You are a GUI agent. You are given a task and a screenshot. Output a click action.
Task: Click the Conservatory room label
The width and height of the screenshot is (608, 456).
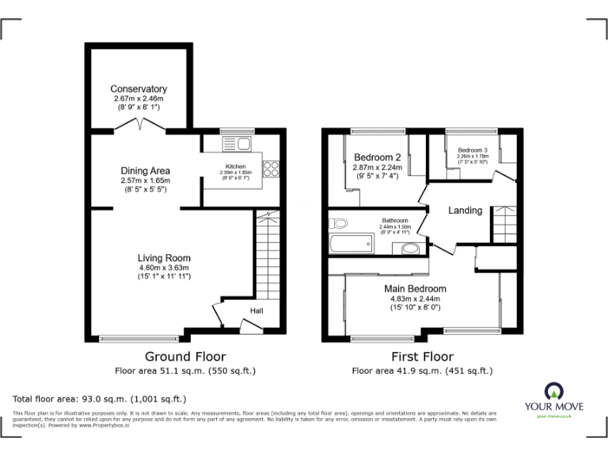[139, 89]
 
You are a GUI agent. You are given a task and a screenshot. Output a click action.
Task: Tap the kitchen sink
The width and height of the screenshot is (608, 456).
[238, 144]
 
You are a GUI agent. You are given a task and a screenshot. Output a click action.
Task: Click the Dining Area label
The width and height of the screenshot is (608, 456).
[145, 170]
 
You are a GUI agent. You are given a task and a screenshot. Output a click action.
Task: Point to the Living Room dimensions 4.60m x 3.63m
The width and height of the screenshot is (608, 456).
[164, 268]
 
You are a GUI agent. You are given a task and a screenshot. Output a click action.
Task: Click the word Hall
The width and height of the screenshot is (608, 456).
[257, 311]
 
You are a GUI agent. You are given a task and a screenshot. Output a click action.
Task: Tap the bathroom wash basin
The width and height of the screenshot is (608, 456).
[410, 249]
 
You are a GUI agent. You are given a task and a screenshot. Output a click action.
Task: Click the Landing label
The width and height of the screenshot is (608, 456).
[465, 211]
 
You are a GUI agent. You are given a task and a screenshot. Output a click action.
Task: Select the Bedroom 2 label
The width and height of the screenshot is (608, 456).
[378, 157]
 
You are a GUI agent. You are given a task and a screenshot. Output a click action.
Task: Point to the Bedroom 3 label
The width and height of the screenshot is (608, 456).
[472, 150]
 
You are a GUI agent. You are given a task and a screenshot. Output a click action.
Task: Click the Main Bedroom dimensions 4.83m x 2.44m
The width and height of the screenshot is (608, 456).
[415, 299]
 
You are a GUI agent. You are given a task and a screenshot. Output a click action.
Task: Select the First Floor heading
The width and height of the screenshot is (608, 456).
[422, 357]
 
